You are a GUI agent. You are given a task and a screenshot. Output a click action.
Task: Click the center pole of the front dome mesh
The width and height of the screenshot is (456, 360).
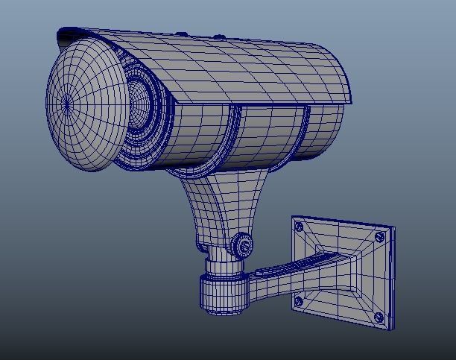(68, 105)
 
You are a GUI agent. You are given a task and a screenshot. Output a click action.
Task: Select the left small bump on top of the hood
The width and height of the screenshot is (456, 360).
(181, 34)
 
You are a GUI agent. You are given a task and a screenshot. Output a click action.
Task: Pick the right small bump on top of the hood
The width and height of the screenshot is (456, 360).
(219, 37)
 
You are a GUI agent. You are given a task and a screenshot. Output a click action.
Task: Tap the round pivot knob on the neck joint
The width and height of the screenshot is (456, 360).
(243, 244)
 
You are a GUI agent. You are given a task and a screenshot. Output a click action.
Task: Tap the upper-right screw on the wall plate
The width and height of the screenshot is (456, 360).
(380, 236)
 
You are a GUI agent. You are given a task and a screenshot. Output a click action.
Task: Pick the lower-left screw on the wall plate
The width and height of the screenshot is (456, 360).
(299, 302)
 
